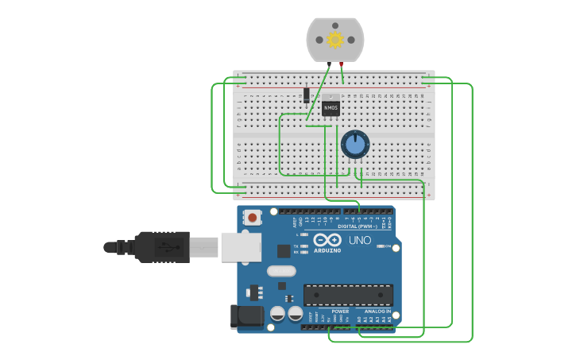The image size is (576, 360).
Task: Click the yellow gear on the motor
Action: [335, 40]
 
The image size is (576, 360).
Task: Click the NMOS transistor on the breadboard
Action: [331, 106]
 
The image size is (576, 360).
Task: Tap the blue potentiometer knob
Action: [355, 145]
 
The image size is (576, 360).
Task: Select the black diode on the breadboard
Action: [307, 95]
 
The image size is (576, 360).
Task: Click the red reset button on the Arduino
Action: [253, 216]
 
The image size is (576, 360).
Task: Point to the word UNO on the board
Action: [360, 240]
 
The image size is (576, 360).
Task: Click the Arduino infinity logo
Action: [327, 240]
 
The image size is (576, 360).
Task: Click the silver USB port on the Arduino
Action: [241, 247]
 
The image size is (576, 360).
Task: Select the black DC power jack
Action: [246, 316]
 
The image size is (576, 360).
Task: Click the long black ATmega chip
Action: [348, 295]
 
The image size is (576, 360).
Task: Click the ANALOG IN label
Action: [377, 312]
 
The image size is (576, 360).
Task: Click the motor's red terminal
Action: [342, 64]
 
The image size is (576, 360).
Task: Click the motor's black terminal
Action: [329, 64]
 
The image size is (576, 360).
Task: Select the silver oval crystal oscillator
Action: [281, 271]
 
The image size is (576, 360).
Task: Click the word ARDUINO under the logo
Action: [327, 250]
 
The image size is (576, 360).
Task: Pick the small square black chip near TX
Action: [284, 251]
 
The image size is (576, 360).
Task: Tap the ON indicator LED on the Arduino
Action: [379, 246]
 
